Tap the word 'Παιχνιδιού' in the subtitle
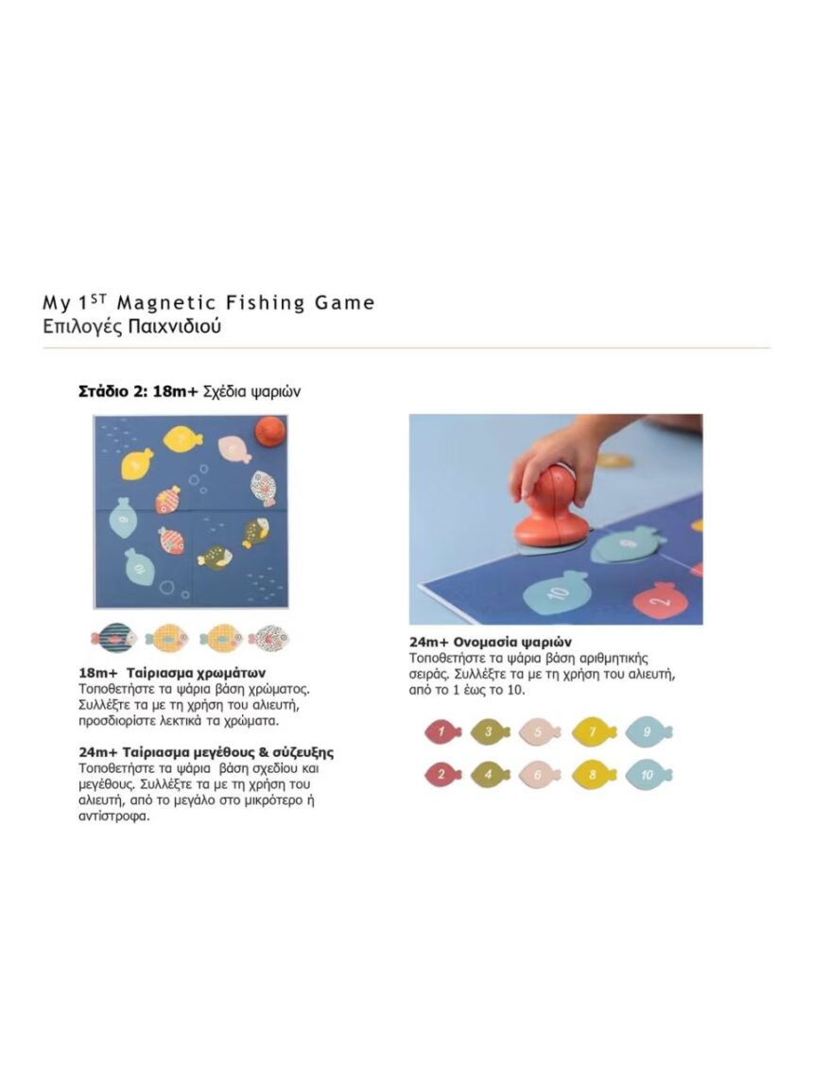point(176,327)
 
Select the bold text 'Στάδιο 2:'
point(112,390)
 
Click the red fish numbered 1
point(441,731)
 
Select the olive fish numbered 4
point(489,774)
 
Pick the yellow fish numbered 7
point(593,731)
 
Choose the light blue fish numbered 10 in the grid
point(649,774)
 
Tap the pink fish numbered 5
point(542,731)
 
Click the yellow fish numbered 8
point(593,774)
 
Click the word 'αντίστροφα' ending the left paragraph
point(113,816)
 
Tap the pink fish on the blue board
point(233,448)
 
